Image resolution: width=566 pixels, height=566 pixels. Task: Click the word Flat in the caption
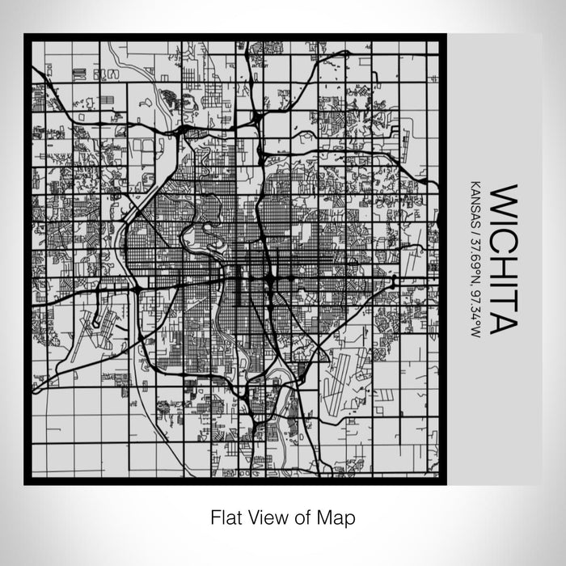(224, 517)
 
